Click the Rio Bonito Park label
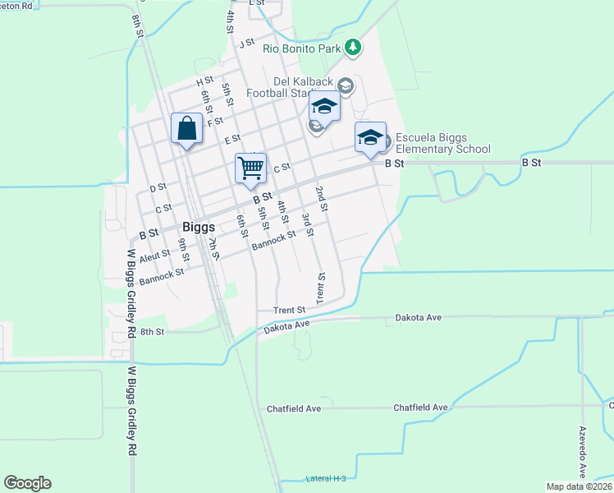pos(301,48)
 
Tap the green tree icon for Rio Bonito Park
pos(353,47)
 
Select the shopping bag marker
pos(187,129)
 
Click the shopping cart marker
pos(251,168)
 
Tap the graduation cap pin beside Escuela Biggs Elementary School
pos(370,136)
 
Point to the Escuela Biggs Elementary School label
pos(443,143)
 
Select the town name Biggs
pos(198,227)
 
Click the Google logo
pos(27,483)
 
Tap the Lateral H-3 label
pos(326,478)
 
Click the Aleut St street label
pos(154,256)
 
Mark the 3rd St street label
pos(307,224)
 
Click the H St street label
pos(204,82)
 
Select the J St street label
pos(247,43)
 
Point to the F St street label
pos(215,122)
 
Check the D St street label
pos(158,187)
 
